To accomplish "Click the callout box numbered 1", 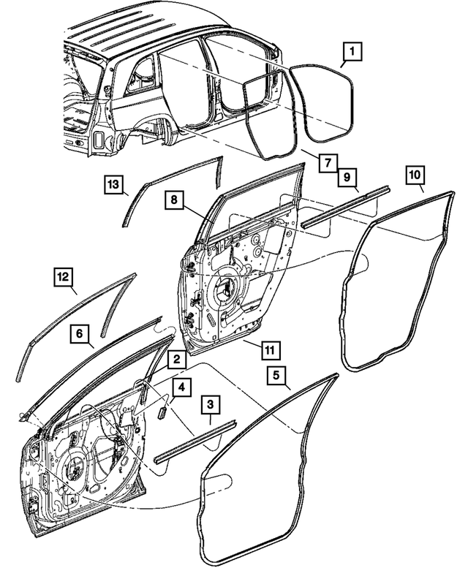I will tap(352, 52).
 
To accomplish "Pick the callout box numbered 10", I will tap(415, 175).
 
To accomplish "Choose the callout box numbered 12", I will tap(64, 277).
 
